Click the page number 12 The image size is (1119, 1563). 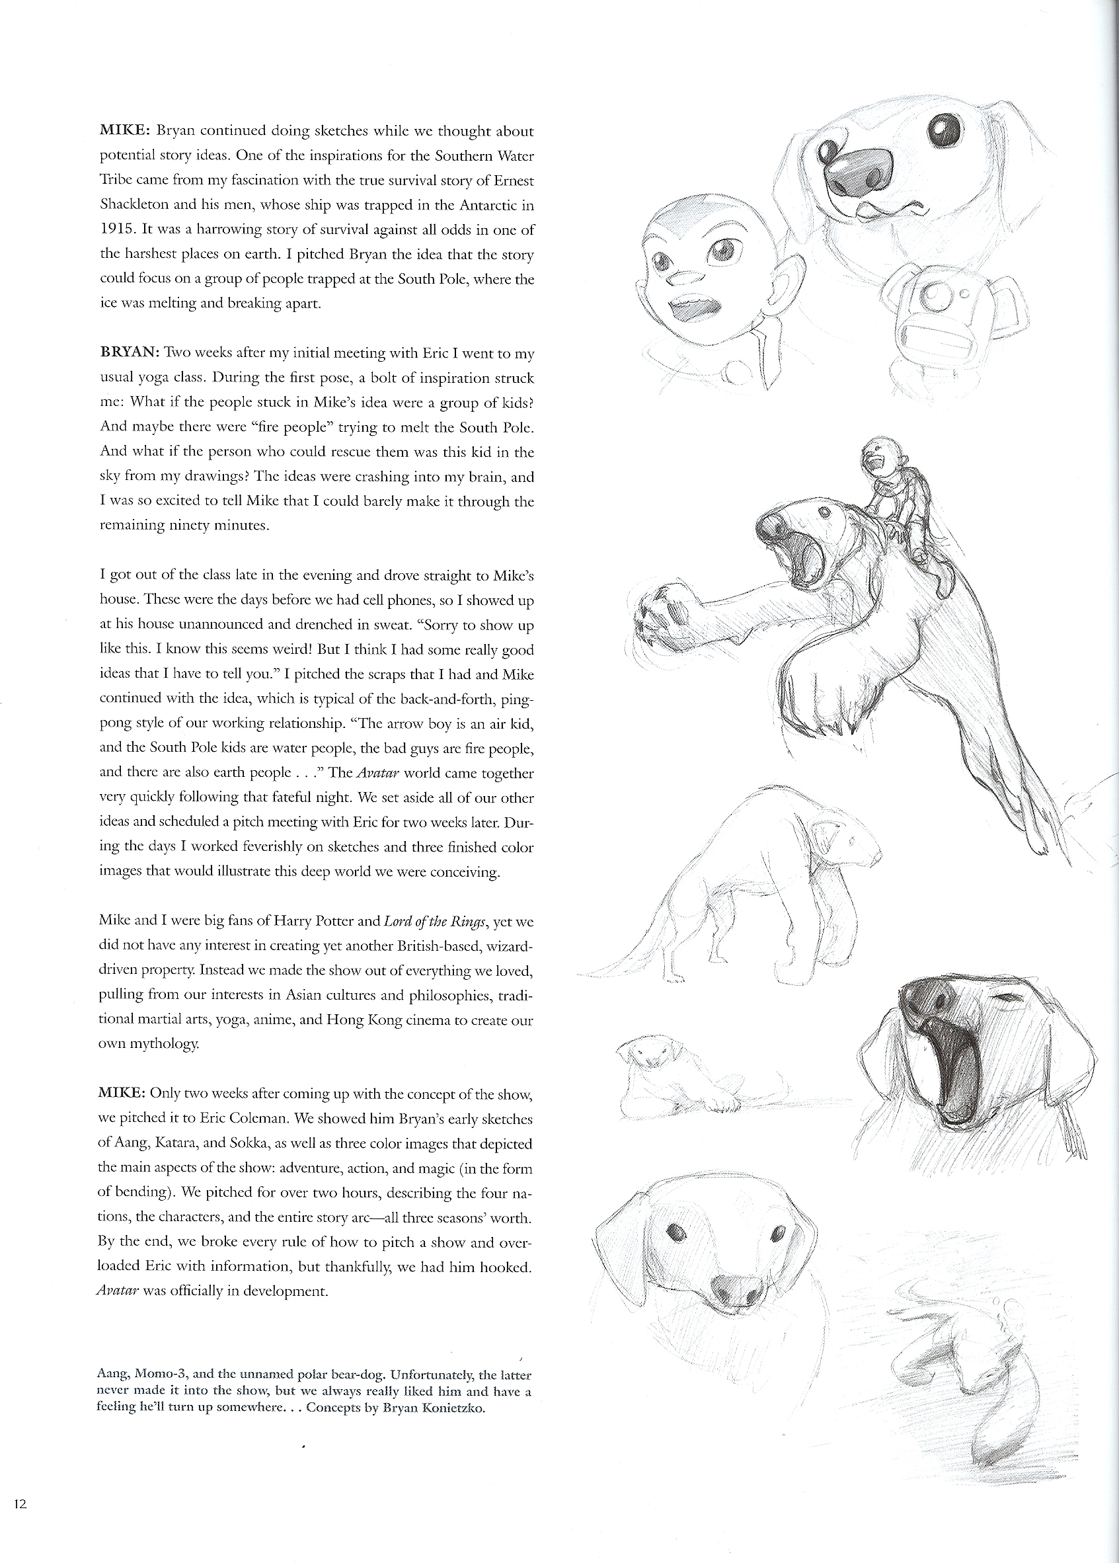tap(19, 1503)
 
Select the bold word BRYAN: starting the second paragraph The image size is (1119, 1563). tap(130, 354)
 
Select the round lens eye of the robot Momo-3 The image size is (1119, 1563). tap(935, 298)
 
